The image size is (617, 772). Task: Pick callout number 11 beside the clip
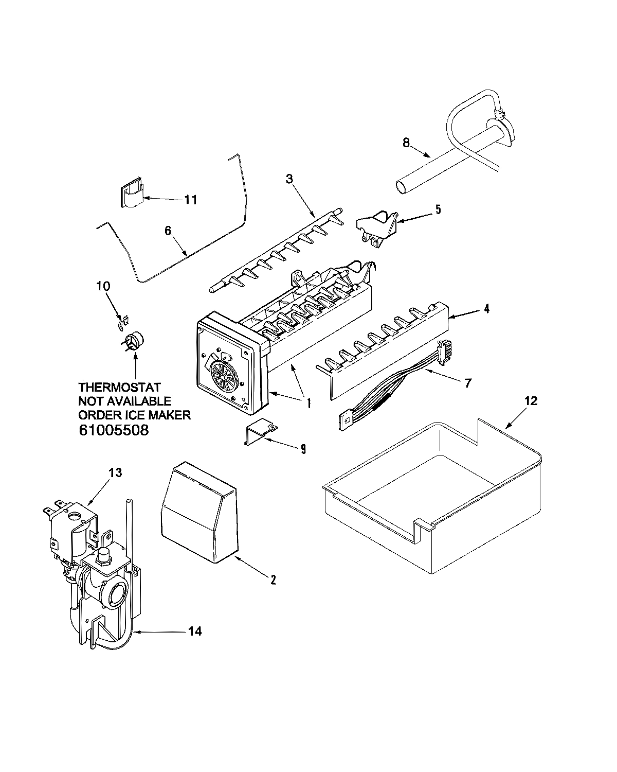coord(190,199)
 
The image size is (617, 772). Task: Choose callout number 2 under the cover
coord(273,580)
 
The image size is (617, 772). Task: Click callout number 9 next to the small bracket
coord(303,449)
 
